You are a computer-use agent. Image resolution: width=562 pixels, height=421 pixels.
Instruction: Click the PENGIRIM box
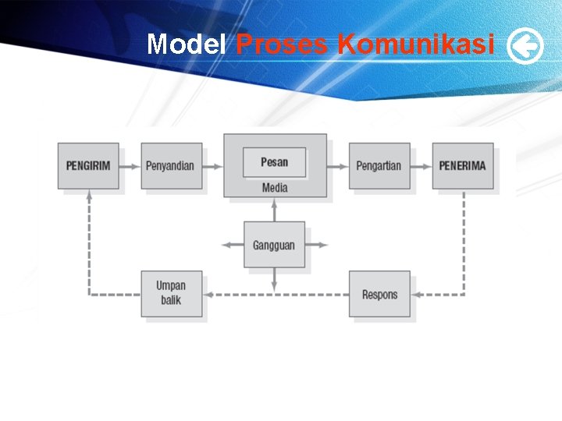[88, 165]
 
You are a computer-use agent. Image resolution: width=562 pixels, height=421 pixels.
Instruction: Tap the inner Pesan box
[274, 162]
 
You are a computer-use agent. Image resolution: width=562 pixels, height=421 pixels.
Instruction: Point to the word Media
[275, 188]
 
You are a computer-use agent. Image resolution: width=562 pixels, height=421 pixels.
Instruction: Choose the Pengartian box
[379, 165]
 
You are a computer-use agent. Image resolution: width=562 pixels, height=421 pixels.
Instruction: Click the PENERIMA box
[462, 165]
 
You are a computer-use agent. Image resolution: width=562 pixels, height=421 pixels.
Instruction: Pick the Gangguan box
[274, 245]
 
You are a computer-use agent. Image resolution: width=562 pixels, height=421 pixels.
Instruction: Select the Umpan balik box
[171, 293]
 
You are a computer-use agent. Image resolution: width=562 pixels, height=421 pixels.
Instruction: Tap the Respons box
[379, 294]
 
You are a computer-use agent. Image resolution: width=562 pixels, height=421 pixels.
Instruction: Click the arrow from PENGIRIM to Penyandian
[130, 165]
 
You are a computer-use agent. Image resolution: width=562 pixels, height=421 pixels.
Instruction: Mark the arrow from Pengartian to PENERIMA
[421, 165]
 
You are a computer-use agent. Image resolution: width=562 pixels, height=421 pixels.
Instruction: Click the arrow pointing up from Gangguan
[274, 210]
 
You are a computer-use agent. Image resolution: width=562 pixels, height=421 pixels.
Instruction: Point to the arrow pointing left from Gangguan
[233, 245]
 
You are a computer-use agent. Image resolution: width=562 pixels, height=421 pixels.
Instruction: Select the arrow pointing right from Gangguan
[316, 245]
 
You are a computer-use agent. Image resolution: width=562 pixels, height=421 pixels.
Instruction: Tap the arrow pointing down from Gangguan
[274, 280]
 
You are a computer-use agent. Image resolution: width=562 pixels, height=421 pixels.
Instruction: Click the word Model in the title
[187, 44]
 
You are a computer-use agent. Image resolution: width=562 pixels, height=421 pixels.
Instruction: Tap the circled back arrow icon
[525, 47]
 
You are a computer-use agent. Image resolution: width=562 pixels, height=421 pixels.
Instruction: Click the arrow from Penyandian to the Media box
[213, 165]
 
